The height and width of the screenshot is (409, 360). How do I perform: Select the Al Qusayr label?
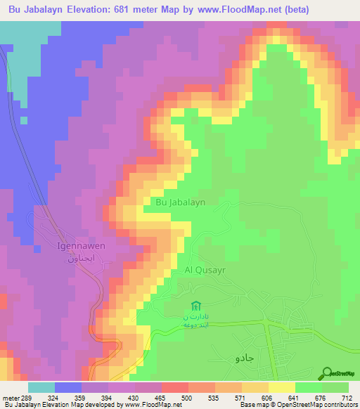(202, 269)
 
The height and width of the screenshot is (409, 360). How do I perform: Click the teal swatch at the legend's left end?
(41, 387)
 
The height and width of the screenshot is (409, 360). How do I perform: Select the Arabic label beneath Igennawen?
(77, 258)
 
